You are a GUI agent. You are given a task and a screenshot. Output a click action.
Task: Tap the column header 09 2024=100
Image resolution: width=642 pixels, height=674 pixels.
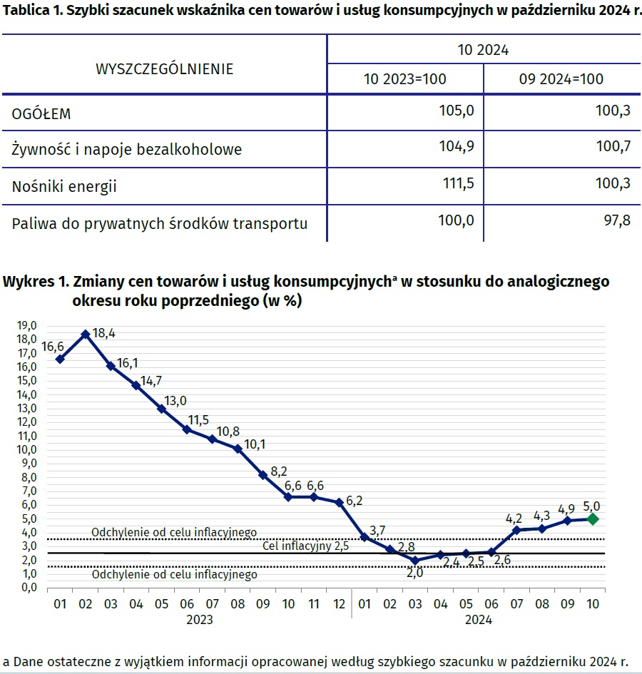coord(561,78)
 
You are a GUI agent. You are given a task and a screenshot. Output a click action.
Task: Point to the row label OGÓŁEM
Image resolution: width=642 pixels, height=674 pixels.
coord(41,113)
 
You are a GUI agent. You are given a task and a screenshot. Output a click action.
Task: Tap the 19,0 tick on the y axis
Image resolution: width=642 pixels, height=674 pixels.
coord(28,325)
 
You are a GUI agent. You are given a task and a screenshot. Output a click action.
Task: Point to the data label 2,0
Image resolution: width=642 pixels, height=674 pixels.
coord(414,572)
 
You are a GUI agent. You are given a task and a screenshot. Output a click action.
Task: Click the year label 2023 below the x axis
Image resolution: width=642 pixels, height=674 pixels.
coord(200,620)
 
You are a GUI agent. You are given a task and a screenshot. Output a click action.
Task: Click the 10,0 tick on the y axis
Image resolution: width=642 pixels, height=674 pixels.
coord(28,449)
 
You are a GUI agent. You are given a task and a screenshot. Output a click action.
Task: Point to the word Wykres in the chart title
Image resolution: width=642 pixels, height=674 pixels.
coord(26,281)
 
